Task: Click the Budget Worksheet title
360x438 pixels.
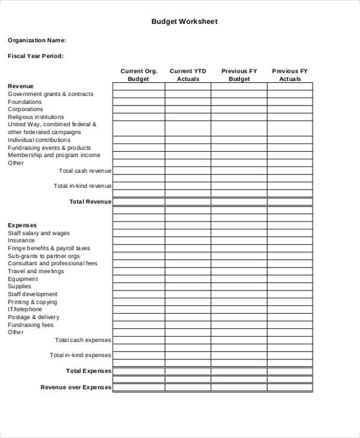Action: [184, 22]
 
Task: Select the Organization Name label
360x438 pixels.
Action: [37, 40]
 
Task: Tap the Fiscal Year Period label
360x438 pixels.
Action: [35, 56]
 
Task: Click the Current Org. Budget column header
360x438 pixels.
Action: [139, 75]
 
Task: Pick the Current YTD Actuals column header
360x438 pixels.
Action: [188, 75]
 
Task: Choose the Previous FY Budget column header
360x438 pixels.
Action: [239, 75]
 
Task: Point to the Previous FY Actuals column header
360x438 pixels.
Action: [290, 75]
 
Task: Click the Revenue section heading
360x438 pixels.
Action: [20, 86]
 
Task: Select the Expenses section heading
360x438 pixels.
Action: [22, 226]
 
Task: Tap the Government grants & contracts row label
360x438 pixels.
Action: [50, 94]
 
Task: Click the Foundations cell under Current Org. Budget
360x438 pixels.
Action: [139, 102]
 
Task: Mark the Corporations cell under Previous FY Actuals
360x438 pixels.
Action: [290, 109]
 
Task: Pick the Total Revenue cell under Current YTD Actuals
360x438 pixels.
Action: [188, 202]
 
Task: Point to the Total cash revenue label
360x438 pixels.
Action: [85, 171]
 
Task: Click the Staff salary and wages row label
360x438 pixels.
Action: [38, 233]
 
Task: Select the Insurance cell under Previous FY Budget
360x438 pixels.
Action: [239, 241]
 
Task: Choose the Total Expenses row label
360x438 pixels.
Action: [89, 371]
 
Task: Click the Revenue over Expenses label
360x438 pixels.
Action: [76, 387]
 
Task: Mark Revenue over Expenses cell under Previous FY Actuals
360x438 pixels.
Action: [290, 388]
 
